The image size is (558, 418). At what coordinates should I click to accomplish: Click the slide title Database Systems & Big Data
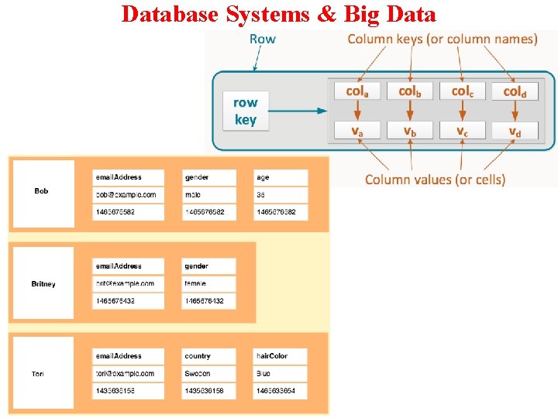[279, 14]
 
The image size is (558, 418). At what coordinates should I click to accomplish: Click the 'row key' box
[245, 111]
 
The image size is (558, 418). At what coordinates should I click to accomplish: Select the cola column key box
[356, 91]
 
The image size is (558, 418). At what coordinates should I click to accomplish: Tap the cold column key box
[515, 91]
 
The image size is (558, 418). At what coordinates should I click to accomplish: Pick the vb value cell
[409, 131]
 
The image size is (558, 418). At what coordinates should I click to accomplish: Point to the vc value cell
[462, 131]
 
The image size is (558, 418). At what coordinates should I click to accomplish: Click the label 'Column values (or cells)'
[435, 180]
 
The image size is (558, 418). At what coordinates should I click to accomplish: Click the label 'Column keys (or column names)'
[442, 39]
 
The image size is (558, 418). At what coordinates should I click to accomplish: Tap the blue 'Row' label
[262, 39]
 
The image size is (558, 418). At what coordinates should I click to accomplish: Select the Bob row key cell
[42, 192]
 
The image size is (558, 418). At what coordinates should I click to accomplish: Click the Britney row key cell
[43, 284]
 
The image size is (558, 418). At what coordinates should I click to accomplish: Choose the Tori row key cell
[39, 374]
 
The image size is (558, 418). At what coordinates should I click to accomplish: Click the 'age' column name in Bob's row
[280, 177]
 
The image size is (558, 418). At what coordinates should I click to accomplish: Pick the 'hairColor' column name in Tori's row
[280, 356]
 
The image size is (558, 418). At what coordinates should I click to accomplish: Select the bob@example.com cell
[128, 194]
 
